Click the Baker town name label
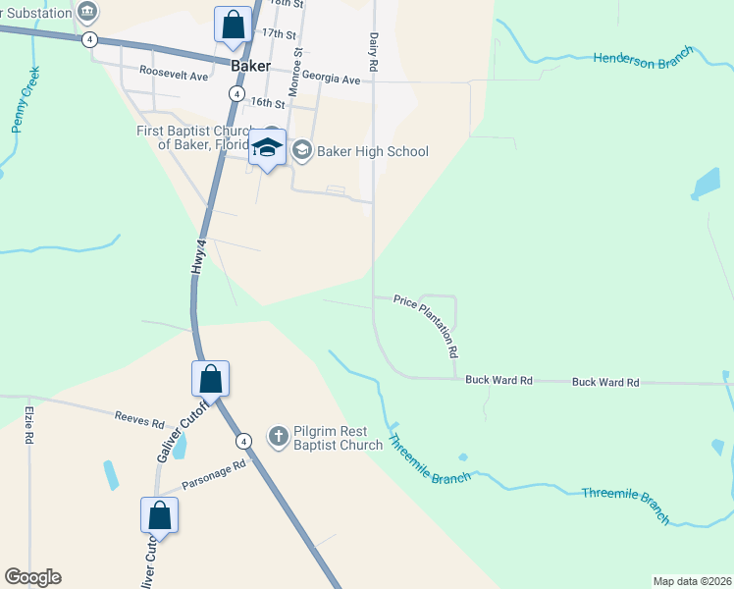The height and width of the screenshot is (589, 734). tap(251, 67)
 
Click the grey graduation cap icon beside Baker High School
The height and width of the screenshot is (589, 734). tap(301, 150)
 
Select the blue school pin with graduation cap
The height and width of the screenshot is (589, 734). tap(267, 148)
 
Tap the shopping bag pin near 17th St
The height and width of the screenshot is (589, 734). tap(234, 26)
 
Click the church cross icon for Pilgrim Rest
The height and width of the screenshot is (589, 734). tap(279, 436)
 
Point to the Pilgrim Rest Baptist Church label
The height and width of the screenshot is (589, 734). tap(338, 438)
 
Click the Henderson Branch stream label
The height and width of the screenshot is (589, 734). tap(643, 56)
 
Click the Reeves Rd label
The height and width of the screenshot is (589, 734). tap(139, 422)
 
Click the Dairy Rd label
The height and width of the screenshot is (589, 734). tap(374, 50)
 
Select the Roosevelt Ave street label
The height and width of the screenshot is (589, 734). tap(174, 73)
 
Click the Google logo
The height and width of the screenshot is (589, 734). tap(32, 577)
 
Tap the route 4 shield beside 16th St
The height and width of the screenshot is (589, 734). tap(236, 92)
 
